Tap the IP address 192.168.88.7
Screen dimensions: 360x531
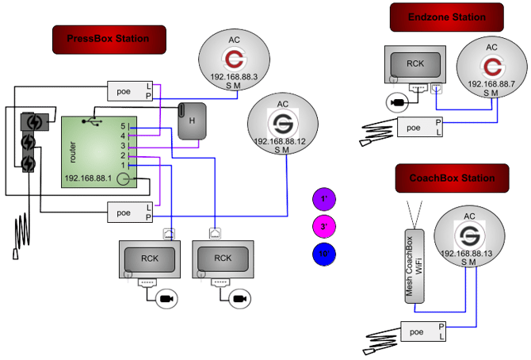click(x=491, y=82)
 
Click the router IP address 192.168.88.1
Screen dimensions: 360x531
click(x=89, y=178)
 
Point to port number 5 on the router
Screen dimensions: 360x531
click(x=124, y=125)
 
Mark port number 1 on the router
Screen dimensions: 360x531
click(x=124, y=165)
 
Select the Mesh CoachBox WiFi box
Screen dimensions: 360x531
click(x=410, y=267)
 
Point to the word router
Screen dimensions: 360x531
click(x=73, y=150)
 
